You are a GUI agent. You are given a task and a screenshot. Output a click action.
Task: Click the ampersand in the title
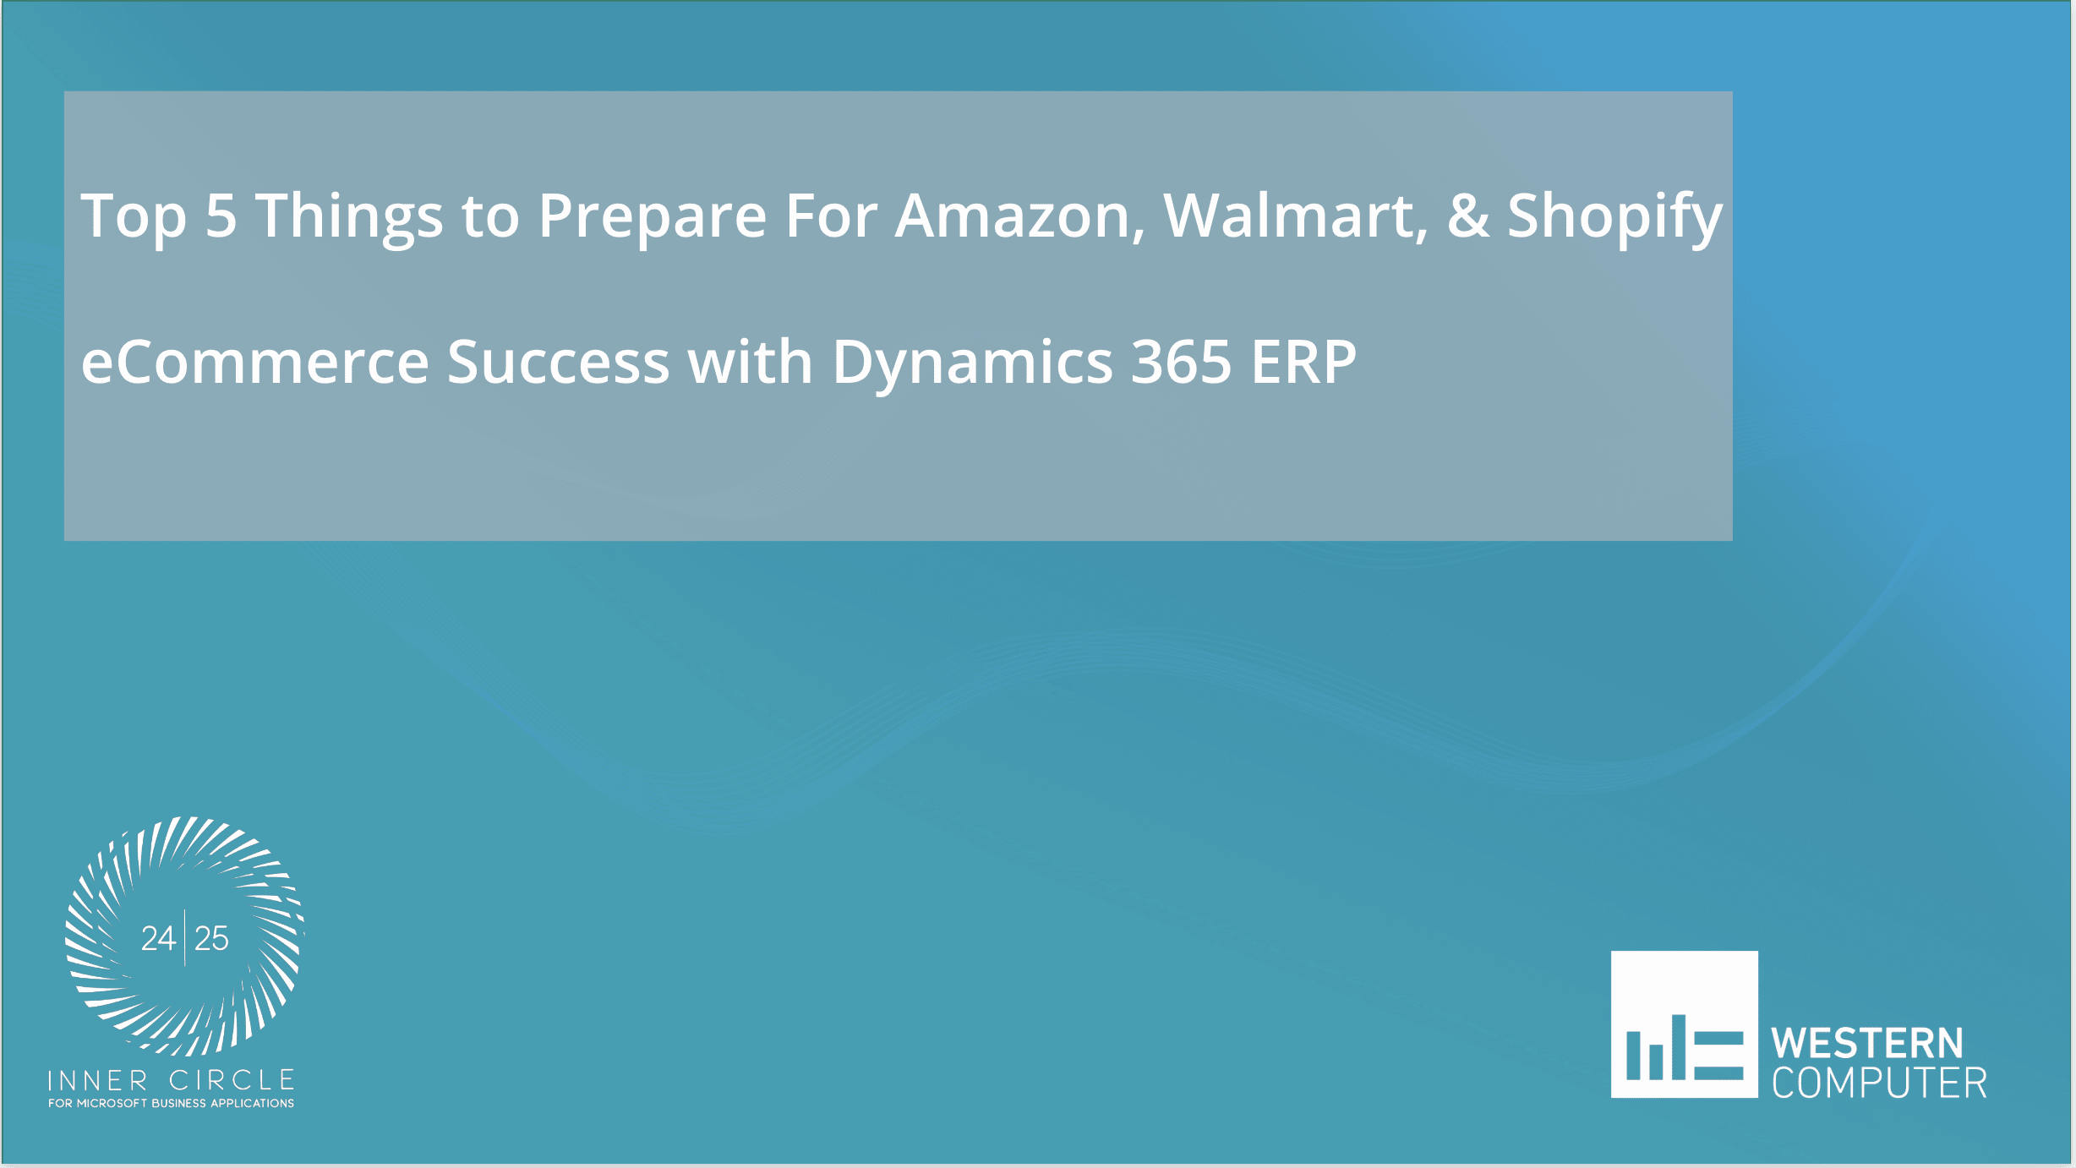[x=1468, y=216]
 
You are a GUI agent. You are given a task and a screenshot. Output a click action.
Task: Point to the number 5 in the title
[x=221, y=216]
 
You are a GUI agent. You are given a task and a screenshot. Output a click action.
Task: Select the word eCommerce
[x=254, y=363]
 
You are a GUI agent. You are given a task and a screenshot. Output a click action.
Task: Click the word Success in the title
[x=558, y=363]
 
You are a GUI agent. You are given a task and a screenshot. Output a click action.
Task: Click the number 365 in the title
[x=1181, y=363]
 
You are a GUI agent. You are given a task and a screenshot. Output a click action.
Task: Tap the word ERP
[x=1303, y=363]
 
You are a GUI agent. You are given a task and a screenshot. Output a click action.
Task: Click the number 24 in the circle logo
[x=158, y=939]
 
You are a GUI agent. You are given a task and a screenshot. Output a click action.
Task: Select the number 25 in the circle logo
[x=211, y=939]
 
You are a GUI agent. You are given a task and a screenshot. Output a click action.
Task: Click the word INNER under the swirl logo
[x=98, y=1081]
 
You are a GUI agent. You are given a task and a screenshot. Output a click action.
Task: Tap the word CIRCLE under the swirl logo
[x=232, y=1081]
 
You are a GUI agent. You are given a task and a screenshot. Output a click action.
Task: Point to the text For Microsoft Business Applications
[x=171, y=1104]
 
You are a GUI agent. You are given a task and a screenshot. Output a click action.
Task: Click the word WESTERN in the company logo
[x=1867, y=1044]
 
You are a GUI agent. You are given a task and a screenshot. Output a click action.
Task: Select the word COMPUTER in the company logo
[x=1879, y=1084]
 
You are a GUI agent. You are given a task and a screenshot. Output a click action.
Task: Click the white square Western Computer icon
[x=1684, y=1024]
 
